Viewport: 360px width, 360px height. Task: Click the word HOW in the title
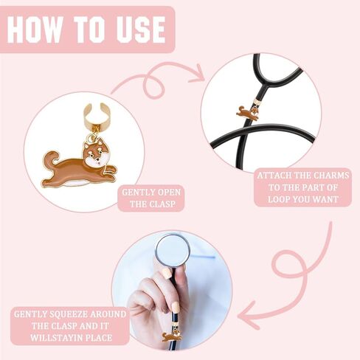[35, 30]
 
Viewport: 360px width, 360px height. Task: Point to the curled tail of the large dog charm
[51, 159]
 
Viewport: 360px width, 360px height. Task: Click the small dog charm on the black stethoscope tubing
[248, 112]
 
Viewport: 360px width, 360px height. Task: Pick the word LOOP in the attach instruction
[278, 199]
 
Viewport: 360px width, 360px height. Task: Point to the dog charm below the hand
[172, 336]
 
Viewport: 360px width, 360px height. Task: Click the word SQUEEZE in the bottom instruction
[70, 314]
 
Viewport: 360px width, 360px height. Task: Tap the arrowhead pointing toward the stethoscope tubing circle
[198, 74]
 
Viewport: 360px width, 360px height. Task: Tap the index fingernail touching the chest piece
[167, 273]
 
